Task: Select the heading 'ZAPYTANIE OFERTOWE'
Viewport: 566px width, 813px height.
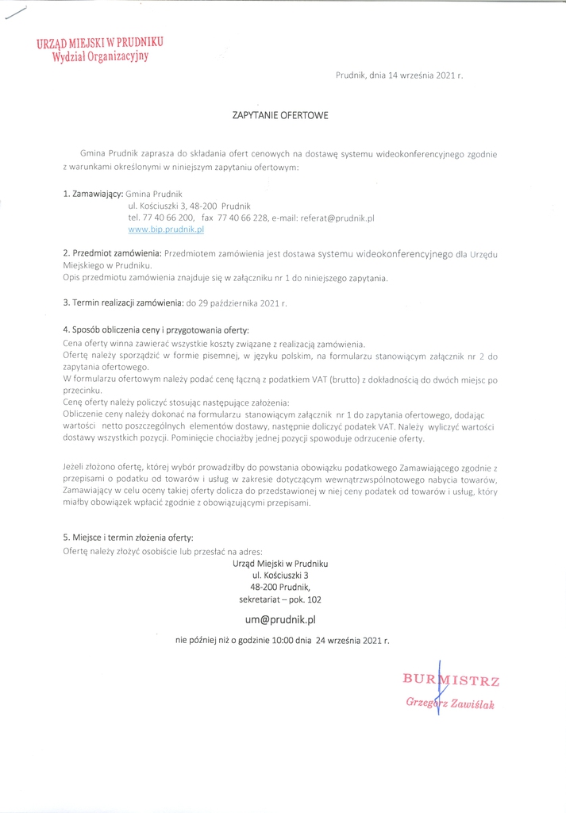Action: [x=279, y=115]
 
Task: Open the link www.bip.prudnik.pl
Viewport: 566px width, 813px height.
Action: [x=166, y=229]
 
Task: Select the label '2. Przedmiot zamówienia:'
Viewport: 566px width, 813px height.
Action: [x=112, y=253]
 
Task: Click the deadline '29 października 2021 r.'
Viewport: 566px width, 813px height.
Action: [x=236, y=302]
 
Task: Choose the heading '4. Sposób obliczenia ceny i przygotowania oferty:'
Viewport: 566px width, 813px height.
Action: [x=156, y=329]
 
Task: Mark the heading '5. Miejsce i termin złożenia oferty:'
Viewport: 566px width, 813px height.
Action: [x=128, y=538]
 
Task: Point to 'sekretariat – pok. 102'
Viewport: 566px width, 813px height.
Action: [x=279, y=599]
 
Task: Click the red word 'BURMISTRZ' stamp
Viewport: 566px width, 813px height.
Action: [x=451, y=680]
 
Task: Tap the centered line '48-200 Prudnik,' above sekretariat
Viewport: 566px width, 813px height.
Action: [x=279, y=587]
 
